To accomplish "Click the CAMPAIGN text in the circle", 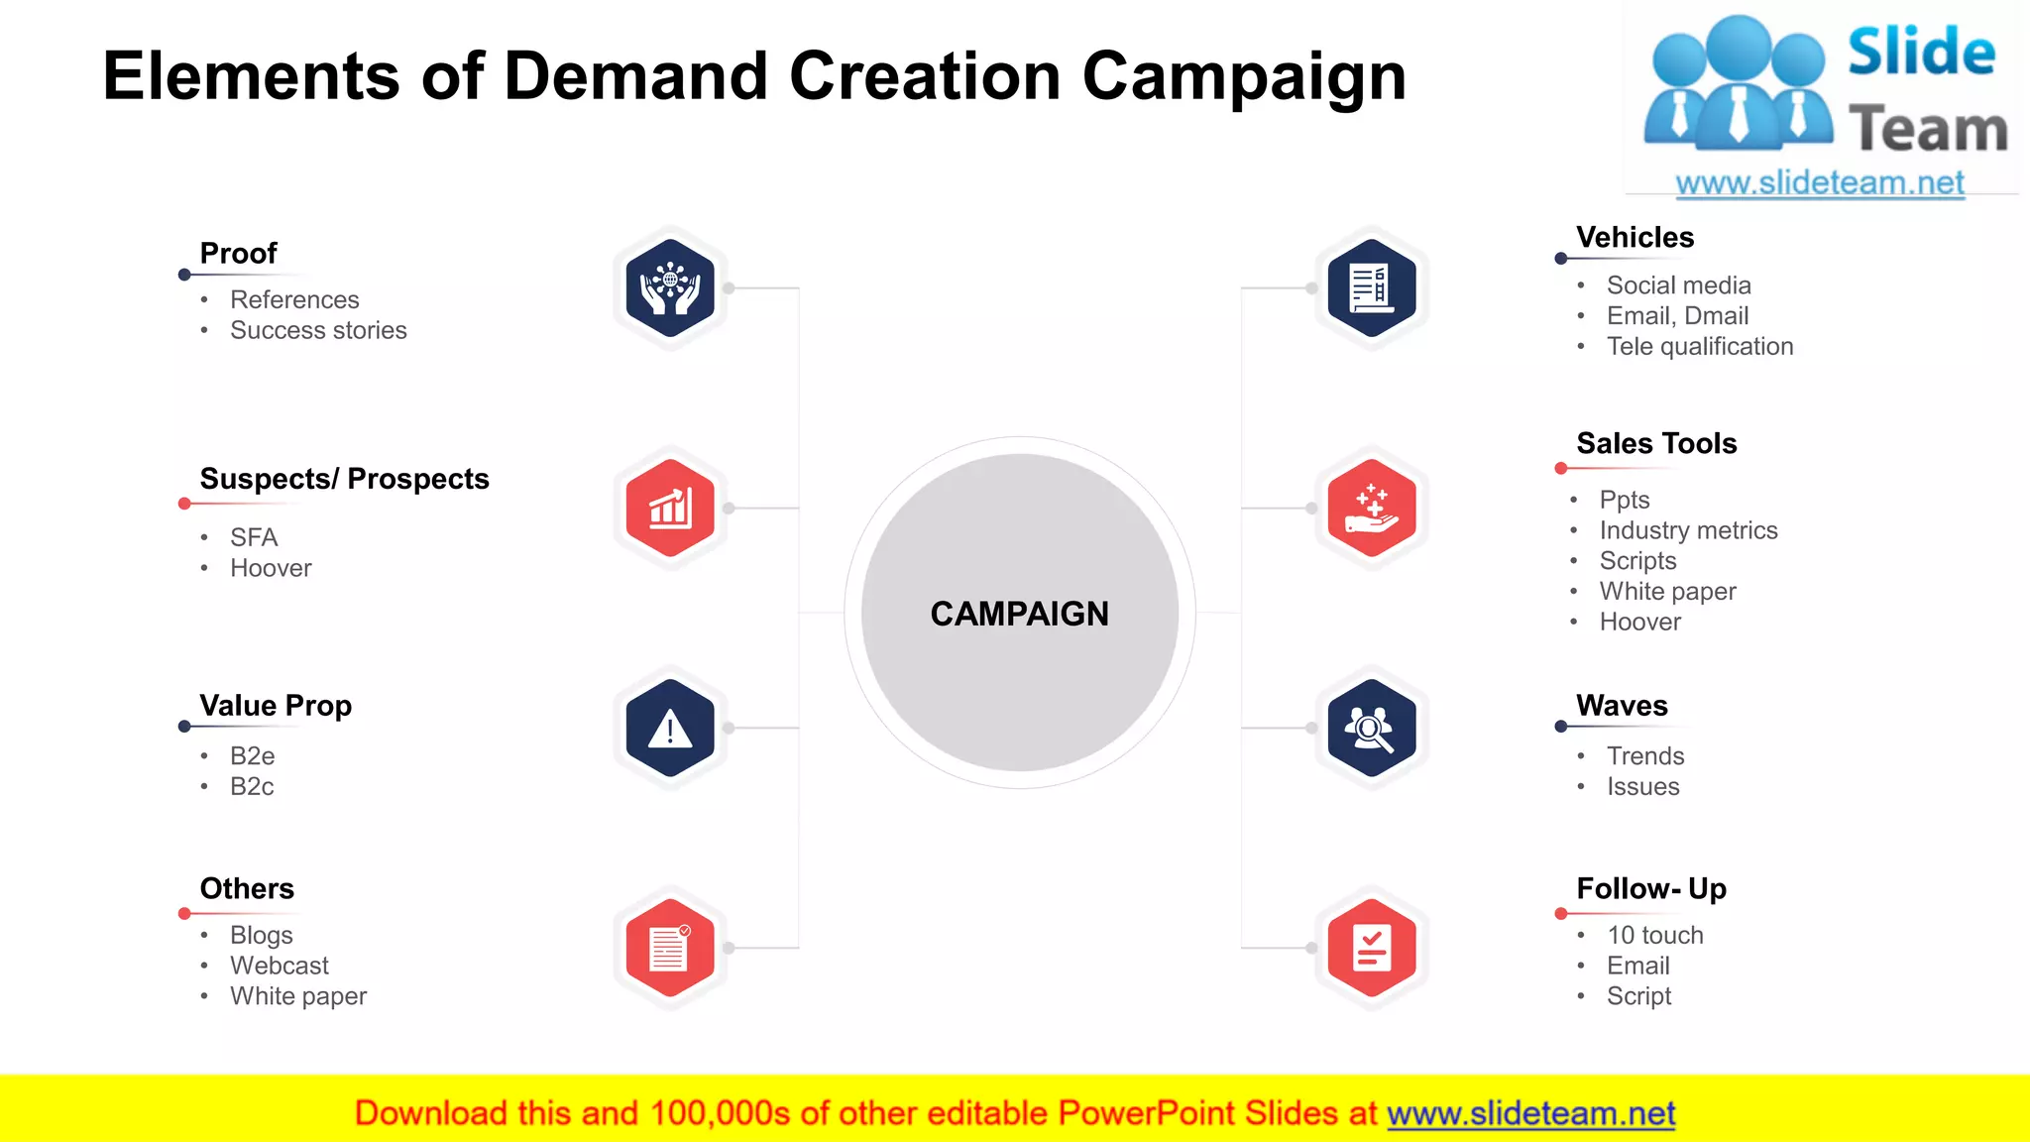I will point(1019,614).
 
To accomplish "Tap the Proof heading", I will point(238,254).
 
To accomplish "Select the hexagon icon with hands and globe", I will point(670,288).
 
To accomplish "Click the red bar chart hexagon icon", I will point(670,509).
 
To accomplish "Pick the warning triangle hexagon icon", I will point(670,729).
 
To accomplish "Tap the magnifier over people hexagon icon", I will point(1371,729).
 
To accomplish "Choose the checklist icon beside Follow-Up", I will point(1371,949).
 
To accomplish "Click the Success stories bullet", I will point(318,330).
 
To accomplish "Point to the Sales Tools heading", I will point(1656,443).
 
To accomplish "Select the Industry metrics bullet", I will point(1688,530).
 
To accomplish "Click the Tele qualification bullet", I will point(1699,346).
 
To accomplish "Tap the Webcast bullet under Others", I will point(280,966).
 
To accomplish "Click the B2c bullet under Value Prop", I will point(252,786).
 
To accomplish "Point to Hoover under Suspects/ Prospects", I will point(271,568).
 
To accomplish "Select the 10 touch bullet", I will point(1654,935).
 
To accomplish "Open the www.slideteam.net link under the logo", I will point(1819,183).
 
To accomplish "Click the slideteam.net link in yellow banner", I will point(1530,1113).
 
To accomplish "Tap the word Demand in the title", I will point(635,76).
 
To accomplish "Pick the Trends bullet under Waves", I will point(1645,756).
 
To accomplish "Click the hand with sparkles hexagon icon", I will point(1371,509).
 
